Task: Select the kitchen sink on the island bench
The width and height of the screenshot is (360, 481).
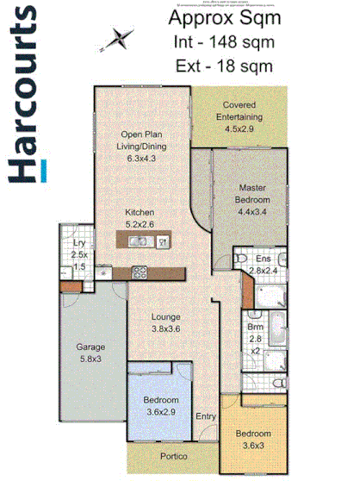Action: tap(139, 242)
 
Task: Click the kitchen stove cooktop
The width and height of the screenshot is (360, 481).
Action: tap(140, 272)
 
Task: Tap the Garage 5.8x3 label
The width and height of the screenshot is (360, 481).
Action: tap(90, 353)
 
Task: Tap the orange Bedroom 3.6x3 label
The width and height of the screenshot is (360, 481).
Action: tap(254, 438)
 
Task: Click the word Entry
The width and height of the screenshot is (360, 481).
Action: tap(206, 417)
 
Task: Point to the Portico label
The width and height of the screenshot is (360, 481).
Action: tap(174, 456)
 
